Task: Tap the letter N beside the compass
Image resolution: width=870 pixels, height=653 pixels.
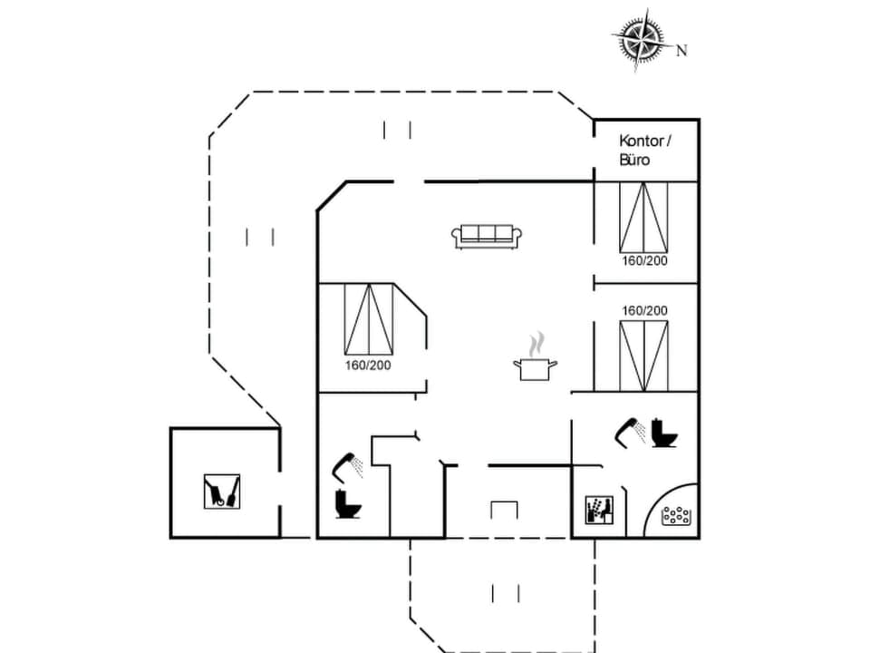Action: click(681, 51)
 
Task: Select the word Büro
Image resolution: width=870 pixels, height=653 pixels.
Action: click(635, 160)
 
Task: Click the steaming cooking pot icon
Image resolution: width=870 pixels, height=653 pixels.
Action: click(535, 360)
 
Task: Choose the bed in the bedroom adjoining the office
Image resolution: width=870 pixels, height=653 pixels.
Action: click(644, 217)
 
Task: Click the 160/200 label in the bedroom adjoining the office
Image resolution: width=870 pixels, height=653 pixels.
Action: click(644, 261)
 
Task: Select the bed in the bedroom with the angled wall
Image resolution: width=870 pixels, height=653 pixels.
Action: click(369, 319)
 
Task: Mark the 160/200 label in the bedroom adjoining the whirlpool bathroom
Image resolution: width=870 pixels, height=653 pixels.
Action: click(644, 310)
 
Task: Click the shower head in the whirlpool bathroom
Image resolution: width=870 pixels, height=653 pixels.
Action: click(631, 431)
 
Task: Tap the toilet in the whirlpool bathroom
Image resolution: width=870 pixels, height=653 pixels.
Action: click(664, 434)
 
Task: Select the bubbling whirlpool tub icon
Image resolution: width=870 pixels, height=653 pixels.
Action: click(676, 516)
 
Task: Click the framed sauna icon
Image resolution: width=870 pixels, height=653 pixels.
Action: click(598, 511)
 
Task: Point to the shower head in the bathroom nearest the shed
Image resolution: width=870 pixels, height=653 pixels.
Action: click(346, 466)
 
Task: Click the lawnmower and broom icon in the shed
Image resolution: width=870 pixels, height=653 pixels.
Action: click(222, 491)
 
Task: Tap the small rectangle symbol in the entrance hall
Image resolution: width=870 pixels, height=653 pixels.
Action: click(504, 510)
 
